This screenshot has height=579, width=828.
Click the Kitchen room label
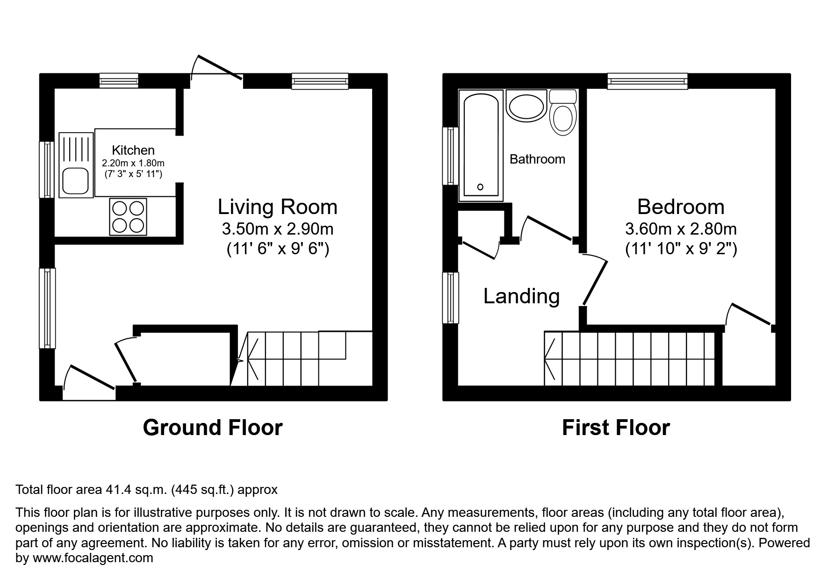click(133, 150)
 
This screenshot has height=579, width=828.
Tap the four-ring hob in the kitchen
click(128, 217)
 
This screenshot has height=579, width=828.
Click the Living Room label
click(277, 207)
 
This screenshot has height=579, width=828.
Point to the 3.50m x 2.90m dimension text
click(277, 229)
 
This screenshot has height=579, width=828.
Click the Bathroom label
click(537, 159)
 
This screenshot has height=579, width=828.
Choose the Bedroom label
click(680, 207)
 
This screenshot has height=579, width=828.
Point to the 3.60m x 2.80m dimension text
click(680, 229)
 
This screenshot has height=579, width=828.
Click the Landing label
click(521, 296)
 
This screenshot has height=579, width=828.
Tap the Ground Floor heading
click(212, 428)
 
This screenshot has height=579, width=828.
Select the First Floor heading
click(615, 428)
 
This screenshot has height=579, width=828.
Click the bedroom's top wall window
click(648, 81)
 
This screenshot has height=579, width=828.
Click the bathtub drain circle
click(480, 187)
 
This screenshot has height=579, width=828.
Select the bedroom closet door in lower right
click(750, 314)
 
